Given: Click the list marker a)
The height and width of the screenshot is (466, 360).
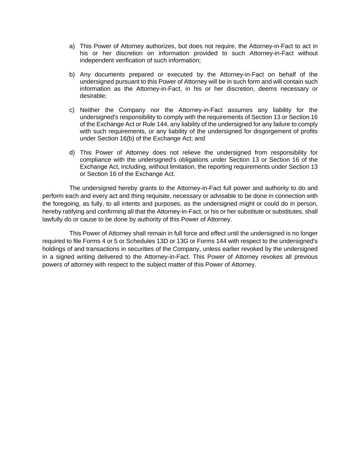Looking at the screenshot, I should [72, 46].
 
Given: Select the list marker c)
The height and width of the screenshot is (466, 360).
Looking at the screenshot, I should [72, 110].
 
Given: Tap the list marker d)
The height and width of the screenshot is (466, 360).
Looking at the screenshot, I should [72, 153].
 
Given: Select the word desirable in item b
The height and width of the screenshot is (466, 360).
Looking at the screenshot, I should [93, 96].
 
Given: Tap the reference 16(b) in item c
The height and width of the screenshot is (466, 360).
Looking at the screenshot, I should [126, 139].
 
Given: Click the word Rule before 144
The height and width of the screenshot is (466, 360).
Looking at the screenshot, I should [149, 124].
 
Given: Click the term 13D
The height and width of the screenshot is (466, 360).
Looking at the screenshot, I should [162, 241].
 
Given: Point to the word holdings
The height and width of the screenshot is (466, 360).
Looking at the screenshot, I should [53, 249].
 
